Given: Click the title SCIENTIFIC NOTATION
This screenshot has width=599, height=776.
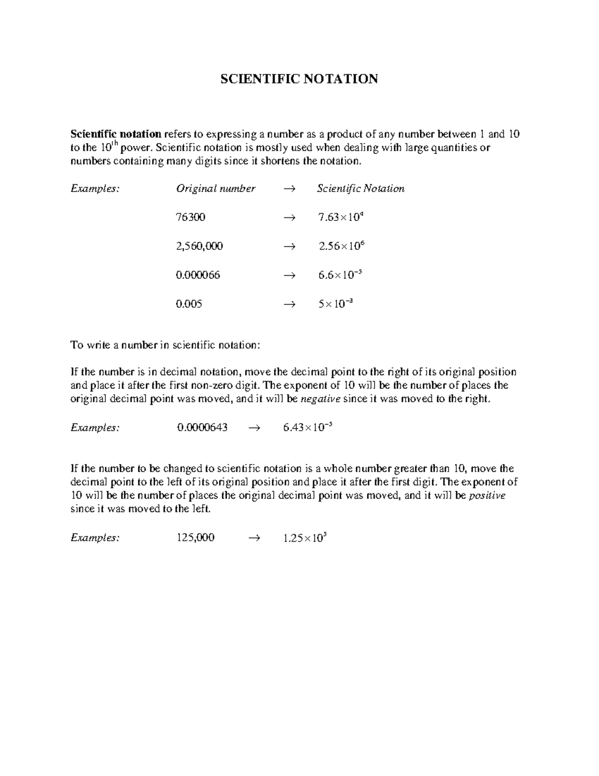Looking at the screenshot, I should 299,79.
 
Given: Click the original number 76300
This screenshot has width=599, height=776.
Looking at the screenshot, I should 190,217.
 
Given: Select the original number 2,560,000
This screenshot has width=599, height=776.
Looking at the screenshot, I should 199,246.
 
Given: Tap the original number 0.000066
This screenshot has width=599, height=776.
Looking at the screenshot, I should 198,275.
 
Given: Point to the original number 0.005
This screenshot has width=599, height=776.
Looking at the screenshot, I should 189,304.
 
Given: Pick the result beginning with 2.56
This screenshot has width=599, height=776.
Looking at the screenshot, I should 341,246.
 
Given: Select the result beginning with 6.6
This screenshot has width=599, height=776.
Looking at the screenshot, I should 340,275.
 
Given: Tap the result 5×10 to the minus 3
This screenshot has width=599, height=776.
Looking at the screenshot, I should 335,304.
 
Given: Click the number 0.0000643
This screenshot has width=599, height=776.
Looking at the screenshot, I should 202,428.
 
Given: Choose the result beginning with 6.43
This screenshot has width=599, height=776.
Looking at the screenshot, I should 307,428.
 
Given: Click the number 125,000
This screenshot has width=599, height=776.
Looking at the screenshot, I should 195,538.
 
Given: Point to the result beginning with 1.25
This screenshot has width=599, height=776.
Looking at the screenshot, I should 304,538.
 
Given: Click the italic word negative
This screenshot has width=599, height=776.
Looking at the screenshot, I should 322,399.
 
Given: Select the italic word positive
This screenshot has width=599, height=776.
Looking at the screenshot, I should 488,496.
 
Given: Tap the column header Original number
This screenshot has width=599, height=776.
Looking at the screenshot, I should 215,189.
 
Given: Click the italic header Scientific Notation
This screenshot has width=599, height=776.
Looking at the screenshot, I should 360,189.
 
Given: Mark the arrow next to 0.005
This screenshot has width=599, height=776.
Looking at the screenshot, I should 289,304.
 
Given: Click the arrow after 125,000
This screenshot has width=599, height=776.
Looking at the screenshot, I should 254,538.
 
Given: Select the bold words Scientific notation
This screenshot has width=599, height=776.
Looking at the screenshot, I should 116,134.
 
